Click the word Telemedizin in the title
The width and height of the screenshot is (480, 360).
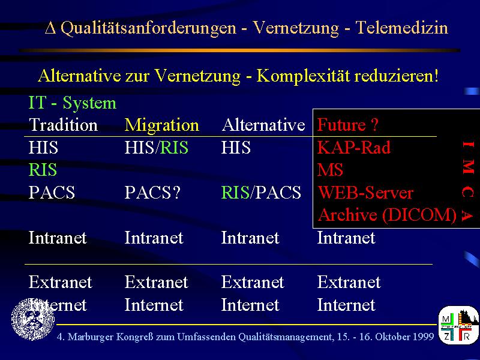401,28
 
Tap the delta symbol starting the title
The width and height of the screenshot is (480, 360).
50,28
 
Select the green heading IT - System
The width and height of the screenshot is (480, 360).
72,103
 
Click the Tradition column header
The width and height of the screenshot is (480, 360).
63,125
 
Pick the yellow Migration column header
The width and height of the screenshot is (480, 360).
161,125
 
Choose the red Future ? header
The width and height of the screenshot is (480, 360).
348,125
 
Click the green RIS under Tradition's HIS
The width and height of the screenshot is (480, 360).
43,170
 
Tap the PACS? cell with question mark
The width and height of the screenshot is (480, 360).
152,192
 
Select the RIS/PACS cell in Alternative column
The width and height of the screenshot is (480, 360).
261,192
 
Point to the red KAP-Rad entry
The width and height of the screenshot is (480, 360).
354,147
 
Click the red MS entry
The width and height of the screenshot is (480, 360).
330,170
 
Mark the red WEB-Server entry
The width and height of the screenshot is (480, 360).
365,192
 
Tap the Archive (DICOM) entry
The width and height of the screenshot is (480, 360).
387,215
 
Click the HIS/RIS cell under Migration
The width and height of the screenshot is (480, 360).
156,147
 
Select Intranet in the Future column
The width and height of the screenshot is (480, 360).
346,238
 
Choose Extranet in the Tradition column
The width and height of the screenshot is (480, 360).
61,282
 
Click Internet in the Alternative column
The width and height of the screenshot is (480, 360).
250,305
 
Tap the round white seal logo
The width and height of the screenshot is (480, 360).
33,319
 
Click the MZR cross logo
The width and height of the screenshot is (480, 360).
458,325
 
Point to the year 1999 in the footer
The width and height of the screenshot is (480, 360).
424,337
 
